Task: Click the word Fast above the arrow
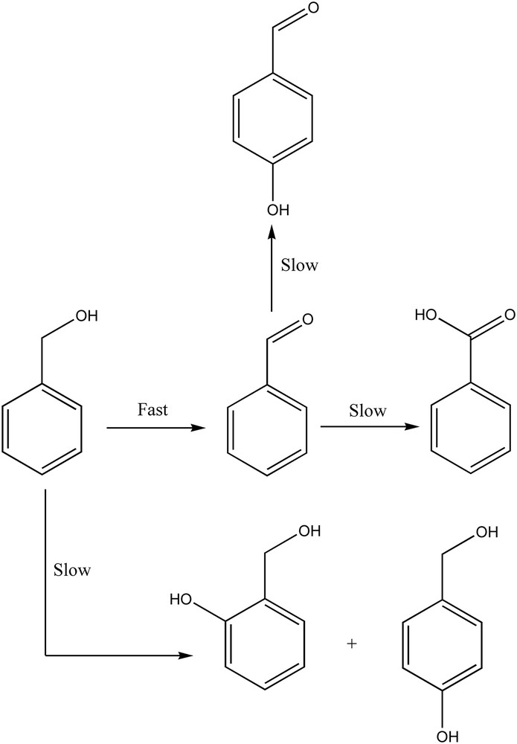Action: pyautogui.click(x=152, y=410)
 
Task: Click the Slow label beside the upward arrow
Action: pyautogui.click(x=299, y=266)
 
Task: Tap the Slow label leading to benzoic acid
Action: pyautogui.click(x=368, y=411)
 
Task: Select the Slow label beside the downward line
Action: pyautogui.click(x=72, y=571)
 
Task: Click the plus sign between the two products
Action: pyautogui.click(x=352, y=643)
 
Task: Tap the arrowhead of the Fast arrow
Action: pyautogui.click(x=197, y=428)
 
